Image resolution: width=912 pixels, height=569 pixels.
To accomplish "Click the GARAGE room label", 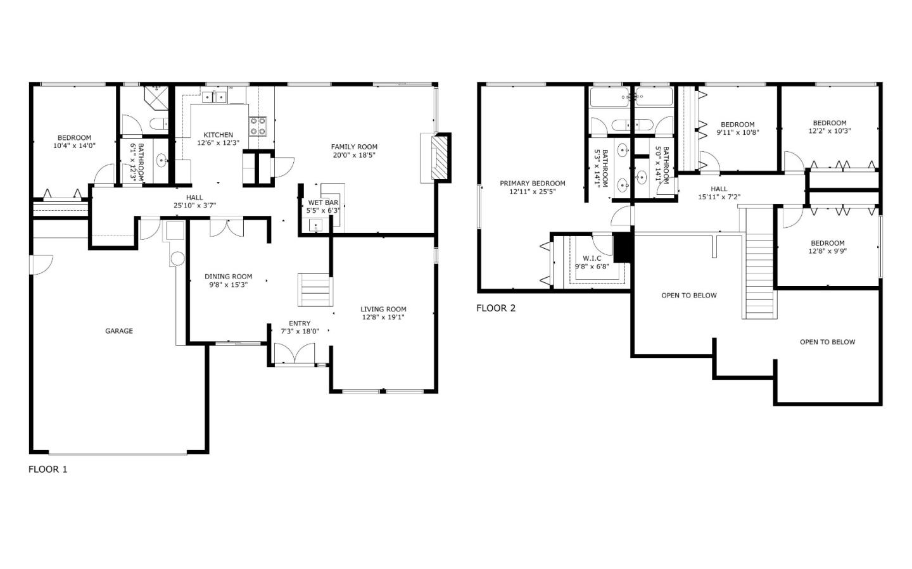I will click(118, 331).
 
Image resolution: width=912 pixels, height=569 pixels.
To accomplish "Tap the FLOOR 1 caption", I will click(47, 469).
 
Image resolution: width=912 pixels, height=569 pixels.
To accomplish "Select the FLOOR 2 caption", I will click(496, 308).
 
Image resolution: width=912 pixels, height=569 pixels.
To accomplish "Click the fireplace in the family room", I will click(438, 158).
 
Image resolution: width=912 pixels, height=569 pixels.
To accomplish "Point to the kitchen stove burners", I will click(258, 126).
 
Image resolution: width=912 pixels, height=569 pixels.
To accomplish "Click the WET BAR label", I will click(323, 203).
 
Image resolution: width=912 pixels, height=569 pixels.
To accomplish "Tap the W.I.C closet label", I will click(592, 258).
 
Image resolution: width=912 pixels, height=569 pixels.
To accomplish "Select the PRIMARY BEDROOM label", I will click(532, 184).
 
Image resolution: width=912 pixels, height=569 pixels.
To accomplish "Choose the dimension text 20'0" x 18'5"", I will click(354, 155).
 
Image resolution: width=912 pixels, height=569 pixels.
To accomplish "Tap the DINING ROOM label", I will click(228, 277).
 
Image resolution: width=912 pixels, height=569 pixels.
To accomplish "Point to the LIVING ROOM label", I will click(383, 310).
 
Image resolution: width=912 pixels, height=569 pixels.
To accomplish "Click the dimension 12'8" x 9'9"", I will click(827, 251).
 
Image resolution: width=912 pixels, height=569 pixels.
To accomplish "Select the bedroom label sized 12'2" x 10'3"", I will click(829, 123).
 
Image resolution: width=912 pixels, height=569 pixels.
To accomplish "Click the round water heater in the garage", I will click(177, 258).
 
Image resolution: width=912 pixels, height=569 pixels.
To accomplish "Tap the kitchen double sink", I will click(214, 97).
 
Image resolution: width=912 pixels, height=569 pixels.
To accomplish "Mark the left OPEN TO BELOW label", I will click(689, 296).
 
